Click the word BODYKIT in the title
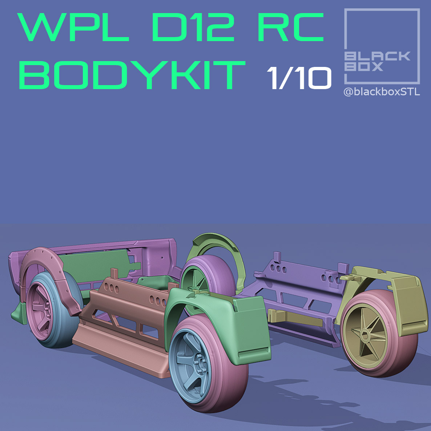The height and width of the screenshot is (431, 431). click(x=132, y=75)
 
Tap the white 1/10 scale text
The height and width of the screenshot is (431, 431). click(x=299, y=78)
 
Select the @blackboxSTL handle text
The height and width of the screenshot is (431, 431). click(x=382, y=92)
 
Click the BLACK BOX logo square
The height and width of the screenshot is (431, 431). click(x=382, y=46)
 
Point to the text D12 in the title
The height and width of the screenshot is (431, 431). click(x=193, y=27)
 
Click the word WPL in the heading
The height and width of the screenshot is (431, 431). click(x=73, y=27)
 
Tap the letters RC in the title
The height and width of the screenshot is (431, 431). click(x=291, y=27)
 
